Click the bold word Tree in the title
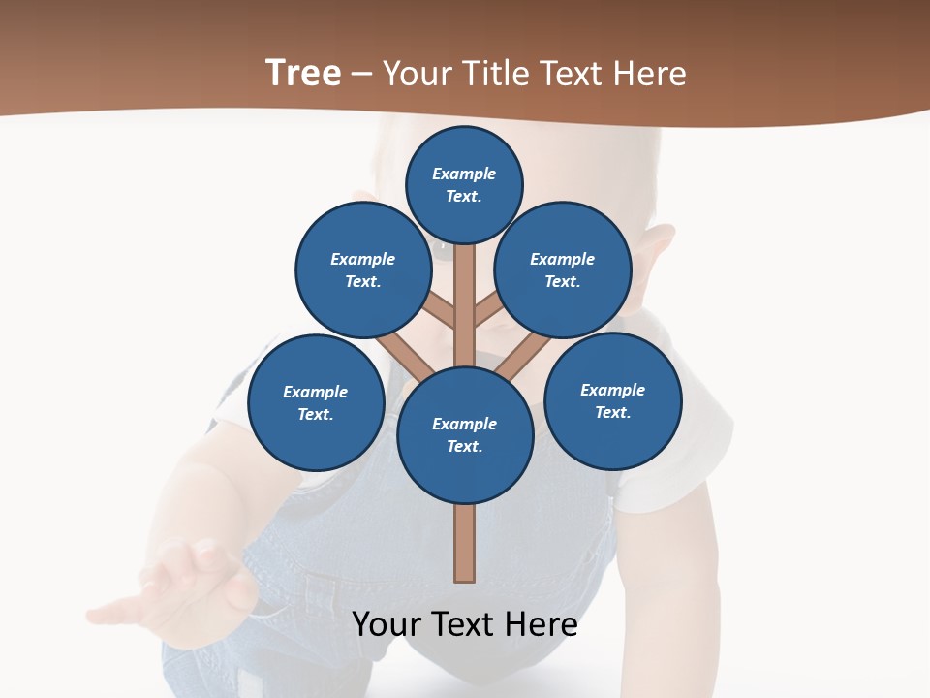[x=303, y=73]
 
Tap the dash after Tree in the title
[x=361, y=74]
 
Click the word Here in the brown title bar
[x=650, y=74]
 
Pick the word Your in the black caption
[x=386, y=624]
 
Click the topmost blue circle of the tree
[x=464, y=184]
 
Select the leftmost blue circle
[x=316, y=402]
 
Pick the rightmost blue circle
[x=612, y=400]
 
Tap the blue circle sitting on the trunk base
[x=465, y=435]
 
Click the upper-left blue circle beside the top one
[x=363, y=270]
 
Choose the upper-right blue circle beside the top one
[x=563, y=270]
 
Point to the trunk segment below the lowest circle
[x=465, y=543]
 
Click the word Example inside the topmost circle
[x=464, y=174]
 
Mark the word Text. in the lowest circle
[x=464, y=447]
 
